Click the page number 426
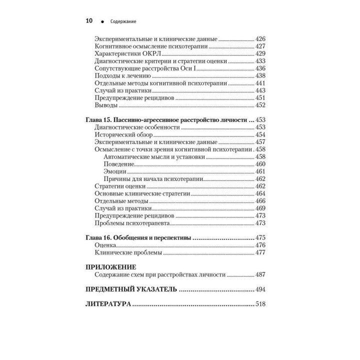(x=260, y=38)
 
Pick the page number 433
(x=260, y=61)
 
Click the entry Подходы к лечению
(x=122, y=76)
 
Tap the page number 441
(x=260, y=83)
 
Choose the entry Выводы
(x=106, y=106)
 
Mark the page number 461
(x=260, y=171)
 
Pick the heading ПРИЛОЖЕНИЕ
(x=111, y=267)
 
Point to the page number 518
(x=260, y=304)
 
